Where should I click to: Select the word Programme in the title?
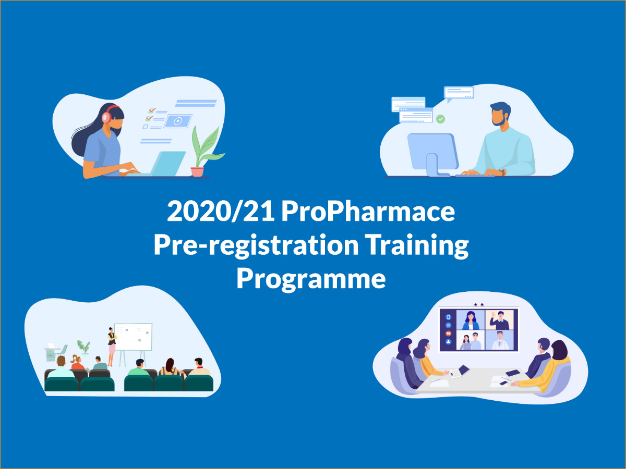(x=311, y=279)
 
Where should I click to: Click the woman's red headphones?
(x=109, y=115)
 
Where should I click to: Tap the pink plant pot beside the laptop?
(x=197, y=171)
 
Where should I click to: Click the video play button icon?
(x=178, y=121)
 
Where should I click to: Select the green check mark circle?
(x=441, y=119)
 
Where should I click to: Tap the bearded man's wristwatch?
(x=501, y=172)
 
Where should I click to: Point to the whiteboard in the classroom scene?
(x=133, y=337)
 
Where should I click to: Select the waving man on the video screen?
(x=499, y=320)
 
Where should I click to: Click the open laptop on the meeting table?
(x=460, y=372)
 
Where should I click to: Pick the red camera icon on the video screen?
(x=448, y=334)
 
